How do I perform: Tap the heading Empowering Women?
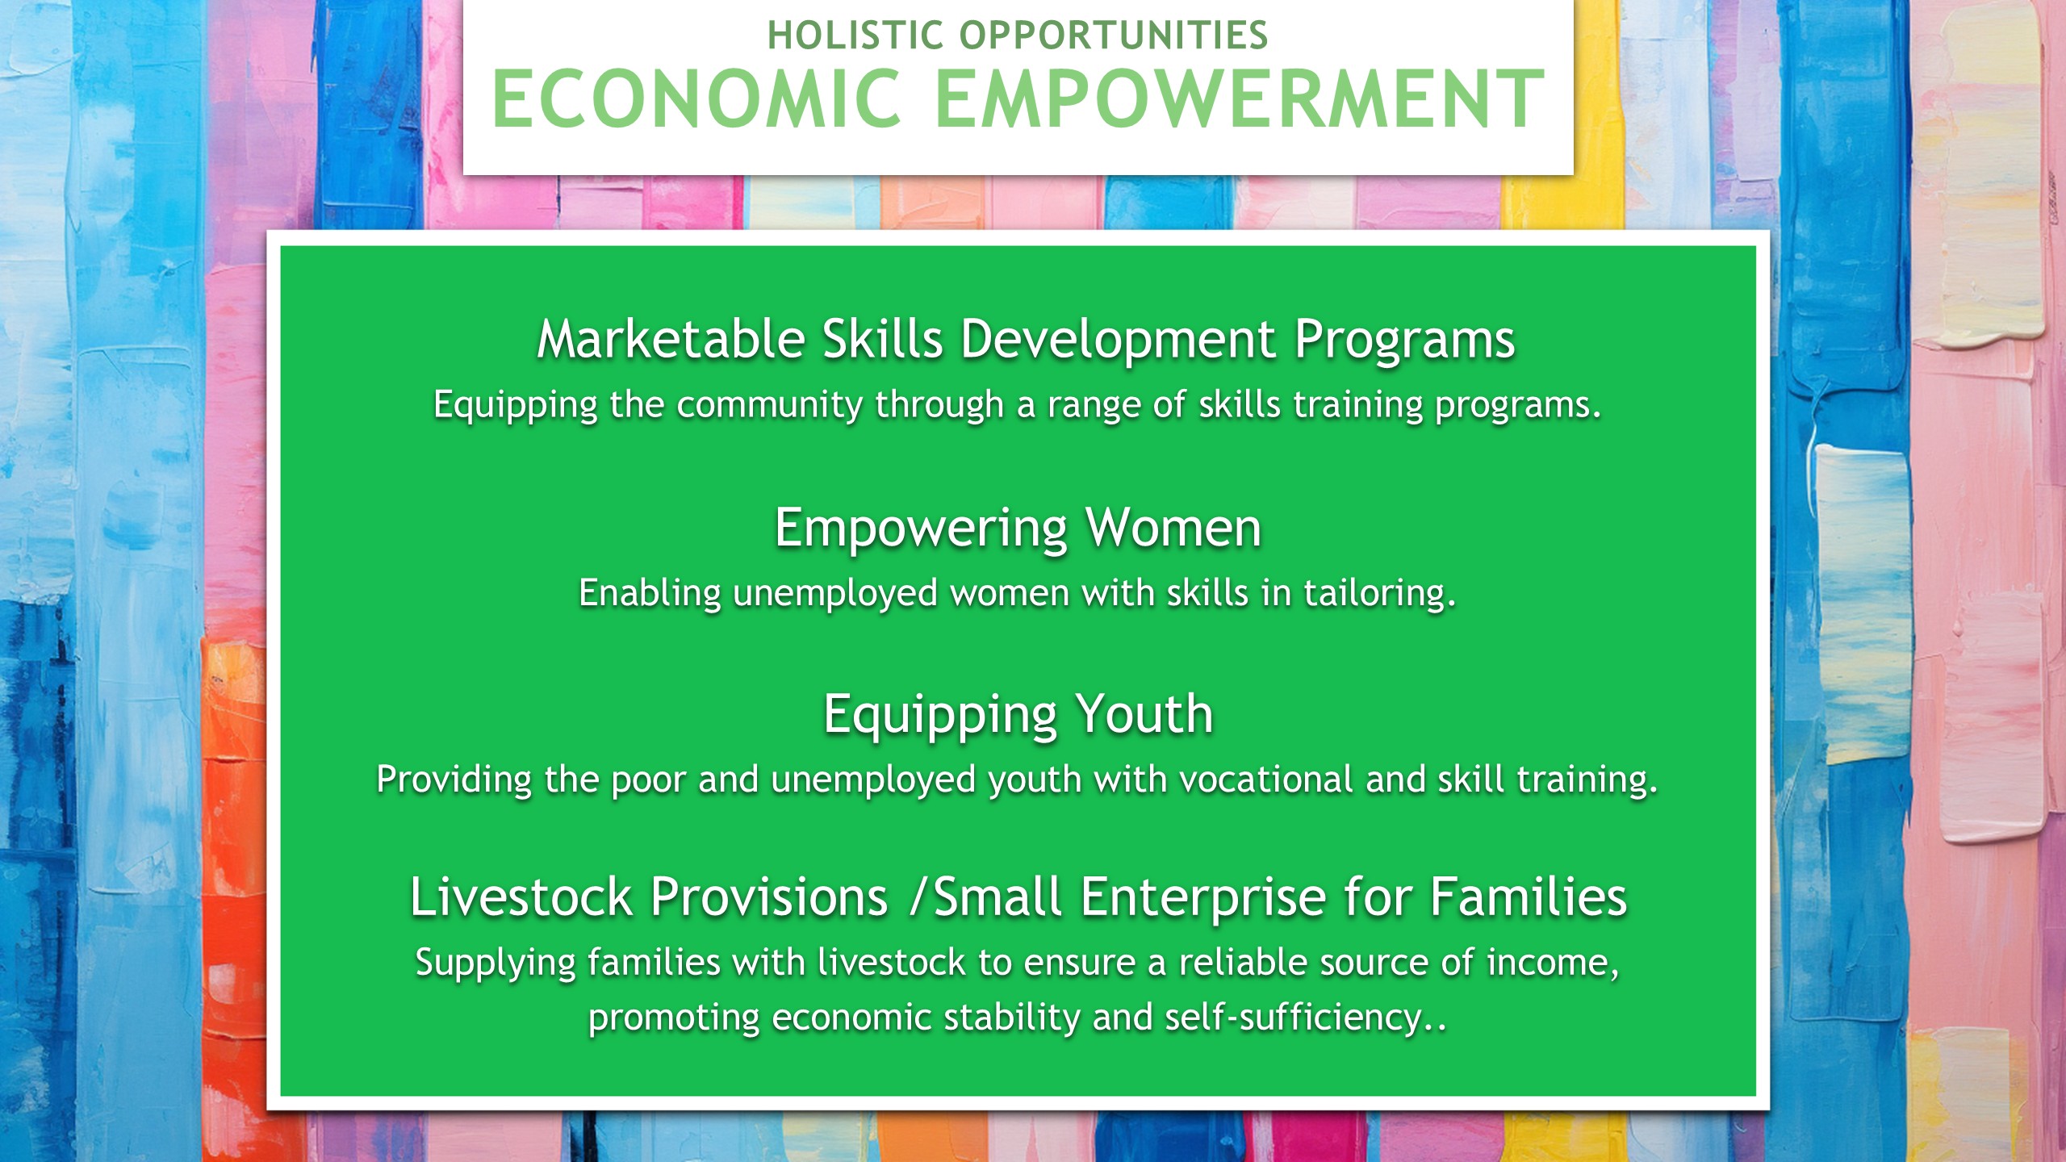[x=1018, y=530]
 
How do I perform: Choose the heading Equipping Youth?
[x=1018, y=717]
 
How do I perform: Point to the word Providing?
[x=454, y=780]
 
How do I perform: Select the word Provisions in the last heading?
[x=769, y=897]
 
